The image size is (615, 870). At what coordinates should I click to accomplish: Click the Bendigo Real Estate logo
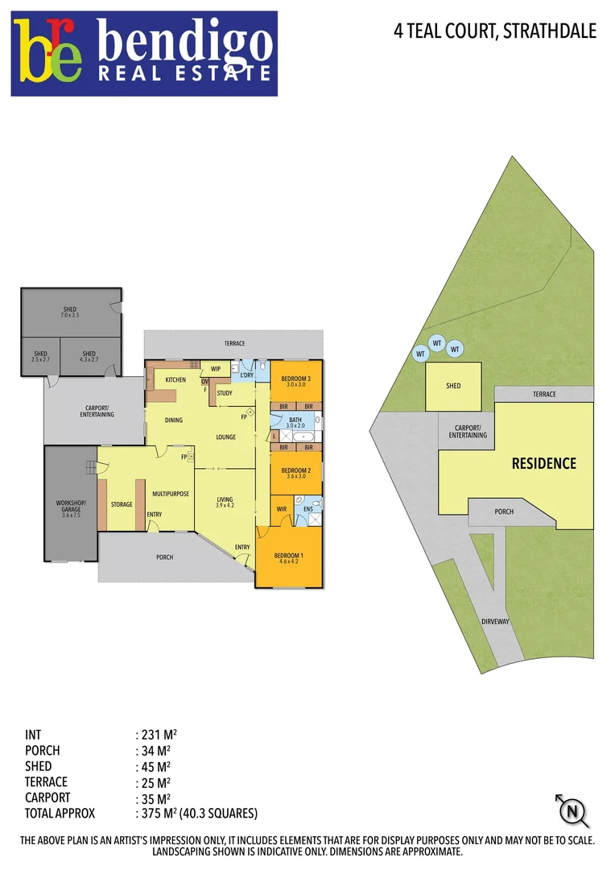pyautogui.click(x=144, y=53)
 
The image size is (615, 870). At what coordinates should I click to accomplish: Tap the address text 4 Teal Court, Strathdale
pyautogui.click(x=495, y=31)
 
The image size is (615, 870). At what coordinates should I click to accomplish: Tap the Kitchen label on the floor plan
pyautogui.click(x=175, y=379)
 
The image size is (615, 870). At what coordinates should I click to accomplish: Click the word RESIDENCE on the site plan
pyautogui.click(x=544, y=463)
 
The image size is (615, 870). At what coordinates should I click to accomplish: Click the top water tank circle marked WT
pyautogui.click(x=437, y=343)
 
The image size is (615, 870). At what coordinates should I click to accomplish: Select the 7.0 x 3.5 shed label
pyautogui.click(x=70, y=313)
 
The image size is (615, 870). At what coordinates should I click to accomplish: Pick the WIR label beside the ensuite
pyautogui.click(x=282, y=509)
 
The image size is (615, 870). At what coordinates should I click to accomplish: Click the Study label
pyautogui.click(x=225, y=393)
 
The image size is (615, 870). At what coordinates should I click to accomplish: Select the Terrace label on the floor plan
pyautogui.click(x=234, y=344)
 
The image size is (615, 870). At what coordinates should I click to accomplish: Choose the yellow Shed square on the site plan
pyautogui.click(x=453, y=387)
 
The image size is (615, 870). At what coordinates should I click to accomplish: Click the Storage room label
pyautogui.click(x=122, y=504)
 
